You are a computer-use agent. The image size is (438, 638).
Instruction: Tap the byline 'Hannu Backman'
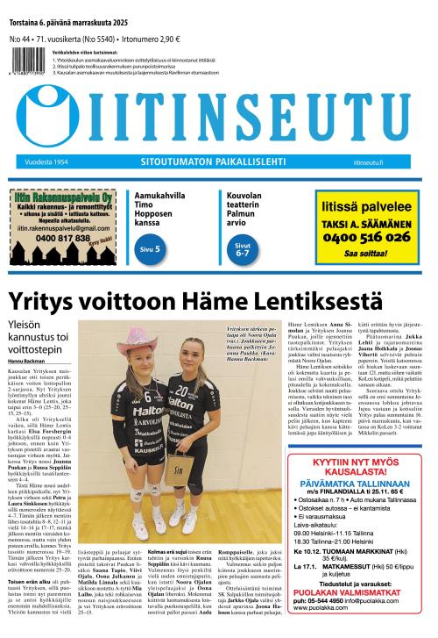point(27,360)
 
